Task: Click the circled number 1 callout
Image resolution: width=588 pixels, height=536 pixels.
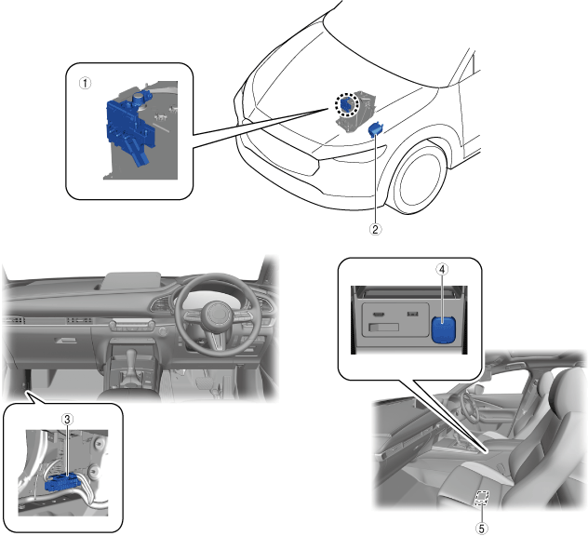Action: (85, 83)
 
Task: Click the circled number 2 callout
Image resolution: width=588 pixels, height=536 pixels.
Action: (375, 229)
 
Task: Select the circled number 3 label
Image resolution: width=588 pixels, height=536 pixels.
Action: (67, 419)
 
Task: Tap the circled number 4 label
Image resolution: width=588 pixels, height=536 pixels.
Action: (442, 269)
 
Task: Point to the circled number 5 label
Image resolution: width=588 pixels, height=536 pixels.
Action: (482, 529)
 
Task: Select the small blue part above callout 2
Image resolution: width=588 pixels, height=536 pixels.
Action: (375, 129)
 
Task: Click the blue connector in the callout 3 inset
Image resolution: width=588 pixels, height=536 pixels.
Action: (62, 483)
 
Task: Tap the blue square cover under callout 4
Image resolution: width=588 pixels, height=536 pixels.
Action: (444, 329)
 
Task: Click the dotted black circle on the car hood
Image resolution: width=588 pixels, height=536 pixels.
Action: (346, 105)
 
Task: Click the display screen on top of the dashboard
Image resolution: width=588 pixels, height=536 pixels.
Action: (132, 280)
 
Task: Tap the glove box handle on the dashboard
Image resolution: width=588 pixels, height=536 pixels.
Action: (66, 341)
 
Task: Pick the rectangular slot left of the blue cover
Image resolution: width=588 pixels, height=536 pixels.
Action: (383, 327)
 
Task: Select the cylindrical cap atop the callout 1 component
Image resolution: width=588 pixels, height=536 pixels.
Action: (139, 99)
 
